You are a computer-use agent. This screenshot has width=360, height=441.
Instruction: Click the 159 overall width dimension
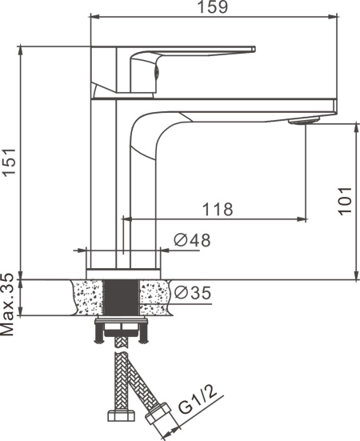[213, 6]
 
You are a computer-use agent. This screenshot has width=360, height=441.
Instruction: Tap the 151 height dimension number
[10, 161]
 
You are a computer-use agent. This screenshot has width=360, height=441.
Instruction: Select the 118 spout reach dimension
[218, 209]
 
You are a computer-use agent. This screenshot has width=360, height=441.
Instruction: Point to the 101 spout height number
[345, 201]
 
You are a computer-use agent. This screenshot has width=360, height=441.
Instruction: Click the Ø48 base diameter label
[192, 240]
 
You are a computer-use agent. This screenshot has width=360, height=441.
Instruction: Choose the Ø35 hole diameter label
[193, 292]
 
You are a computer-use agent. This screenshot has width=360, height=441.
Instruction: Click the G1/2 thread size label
[198, 400]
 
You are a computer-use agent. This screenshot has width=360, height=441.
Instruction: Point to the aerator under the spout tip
[302, 121]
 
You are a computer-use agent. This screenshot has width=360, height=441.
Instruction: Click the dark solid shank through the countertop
[121, 298]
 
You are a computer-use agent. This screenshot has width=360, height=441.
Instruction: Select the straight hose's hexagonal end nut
[122, 415]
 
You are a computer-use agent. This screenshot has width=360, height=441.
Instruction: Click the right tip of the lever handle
[254, 49]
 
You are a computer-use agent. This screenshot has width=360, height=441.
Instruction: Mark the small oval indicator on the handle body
[157, 73]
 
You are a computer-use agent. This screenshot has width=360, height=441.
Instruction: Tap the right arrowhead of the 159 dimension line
[334, 17]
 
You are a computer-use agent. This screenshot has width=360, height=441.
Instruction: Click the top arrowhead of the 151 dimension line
[20, 50]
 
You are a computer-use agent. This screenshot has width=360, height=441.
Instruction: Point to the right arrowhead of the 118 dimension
[302, 218]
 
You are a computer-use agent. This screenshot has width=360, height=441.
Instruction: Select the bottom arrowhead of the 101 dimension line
[357, 275]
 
